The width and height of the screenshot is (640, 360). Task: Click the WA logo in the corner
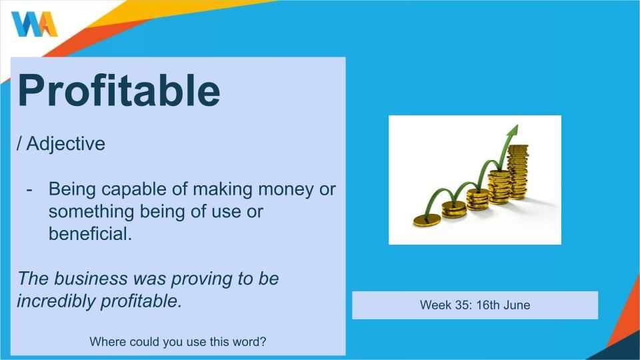point(35,24)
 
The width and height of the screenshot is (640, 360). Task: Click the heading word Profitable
point(119,91)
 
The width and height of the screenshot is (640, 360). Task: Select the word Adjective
point(66,144)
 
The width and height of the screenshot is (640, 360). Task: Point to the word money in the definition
point(285,190)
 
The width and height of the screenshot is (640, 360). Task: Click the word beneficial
point(90,234)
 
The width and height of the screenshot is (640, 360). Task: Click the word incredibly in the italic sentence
point(56,301)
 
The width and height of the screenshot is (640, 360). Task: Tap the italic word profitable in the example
point(141,301)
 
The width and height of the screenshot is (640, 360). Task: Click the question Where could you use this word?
point(177,341)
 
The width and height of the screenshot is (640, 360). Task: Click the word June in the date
point(517,305)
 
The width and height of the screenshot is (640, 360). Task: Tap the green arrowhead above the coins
point(512,131)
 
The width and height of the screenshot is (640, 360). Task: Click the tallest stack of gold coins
point(518,172)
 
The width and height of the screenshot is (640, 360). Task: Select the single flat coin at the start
point(427,221)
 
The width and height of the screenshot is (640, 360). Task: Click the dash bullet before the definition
point(29,190)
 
